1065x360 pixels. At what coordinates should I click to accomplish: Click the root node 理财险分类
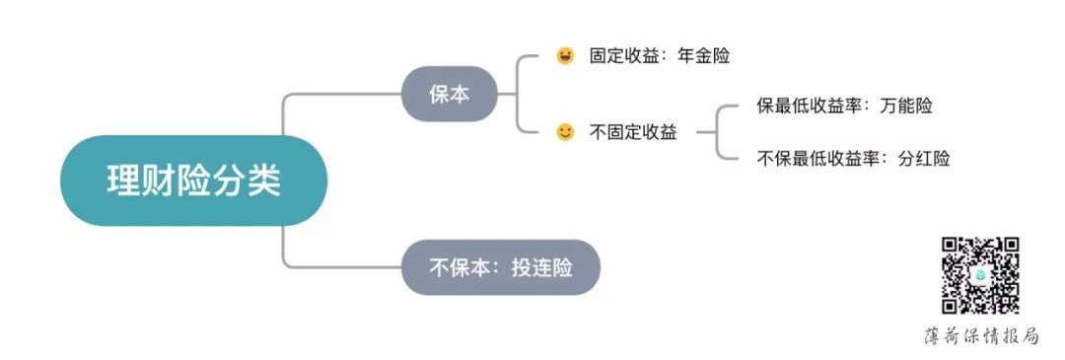coord(193,180)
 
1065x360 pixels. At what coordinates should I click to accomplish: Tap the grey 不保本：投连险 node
coord(500,267)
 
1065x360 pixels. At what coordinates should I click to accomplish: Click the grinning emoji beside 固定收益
coord(565,56)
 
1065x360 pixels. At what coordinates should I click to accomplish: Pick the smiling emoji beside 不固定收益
coord(565,132)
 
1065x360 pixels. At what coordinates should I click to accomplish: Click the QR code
coord(980,275)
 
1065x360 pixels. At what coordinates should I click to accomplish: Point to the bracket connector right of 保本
coord(519,95)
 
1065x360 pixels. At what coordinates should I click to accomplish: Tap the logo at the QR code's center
coord(980,276)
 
